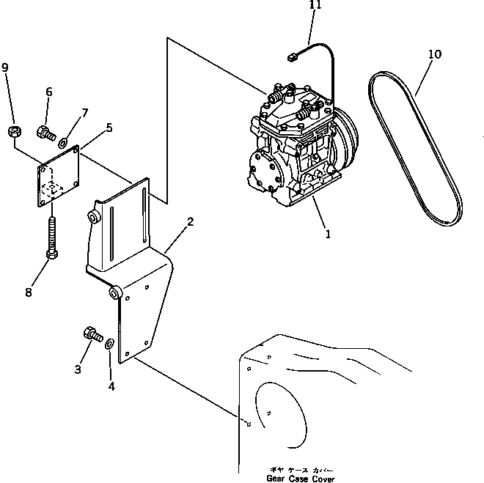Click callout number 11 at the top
[x=315, y=4]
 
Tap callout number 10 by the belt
[x=435, y=54]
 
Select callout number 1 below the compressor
[x=328, y=234]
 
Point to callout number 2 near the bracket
[x=191, y=221]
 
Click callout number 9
[x=5, y=67]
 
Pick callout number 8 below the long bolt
[x=29, y=292]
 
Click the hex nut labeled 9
[x=14, y=132]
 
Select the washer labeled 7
[x=63, y=142]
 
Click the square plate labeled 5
[x=59, y=176]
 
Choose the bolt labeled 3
[x=93, y=334]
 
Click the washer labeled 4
[x=109, y=343]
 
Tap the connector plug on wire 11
[x=292, y=57]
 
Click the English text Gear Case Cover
[x=301, y=479]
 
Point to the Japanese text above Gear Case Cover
[x=301, y=470]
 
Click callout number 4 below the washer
[x=111, y=386]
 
